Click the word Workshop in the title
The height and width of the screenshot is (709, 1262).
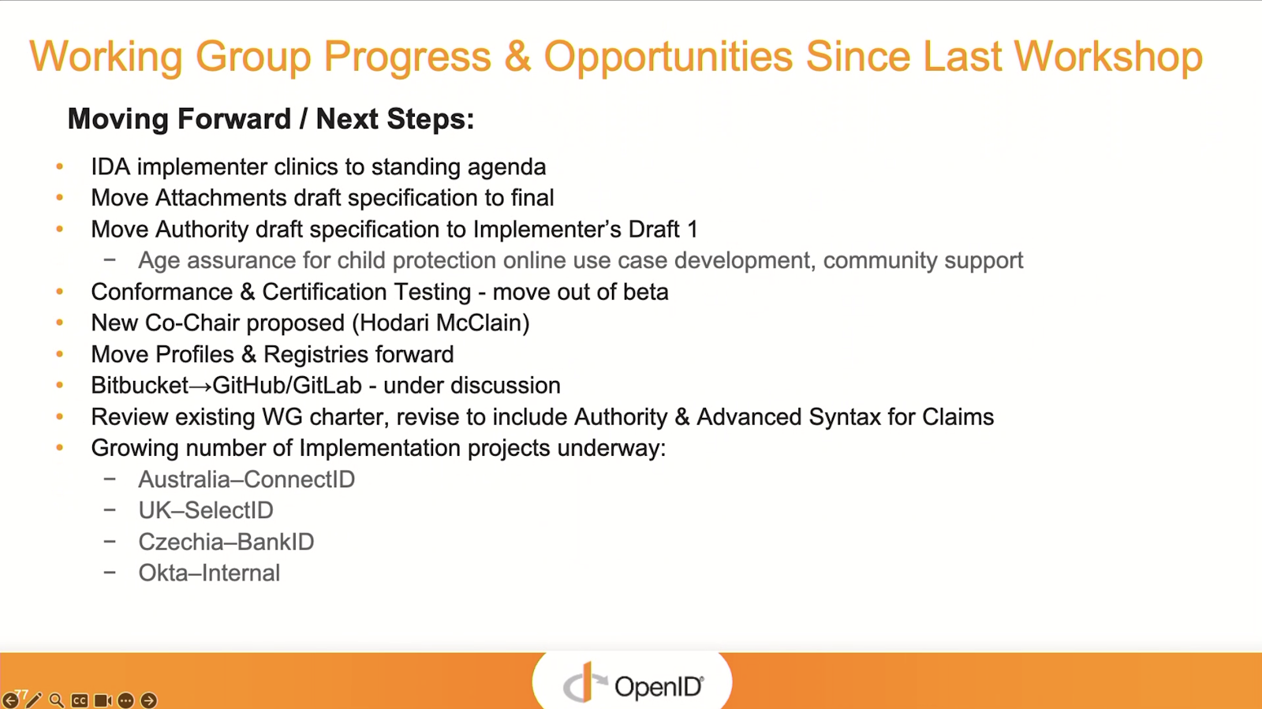pyautogui.click(x=1108, y=56)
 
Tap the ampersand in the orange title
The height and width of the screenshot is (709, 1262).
pyautogui.click(x=517, y=56)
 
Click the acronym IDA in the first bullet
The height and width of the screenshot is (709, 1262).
pyautogui.click(x=110, y=166)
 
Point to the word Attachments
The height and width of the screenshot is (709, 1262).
pyautogui.click(x=221, y=198)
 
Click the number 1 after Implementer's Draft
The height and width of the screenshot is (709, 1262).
pyautogui.click(x=693, y=229)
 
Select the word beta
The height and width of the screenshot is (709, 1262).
pyautogui.click(x=646, y=292)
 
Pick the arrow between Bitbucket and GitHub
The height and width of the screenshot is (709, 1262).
pyautogui.click(x=200, y=386)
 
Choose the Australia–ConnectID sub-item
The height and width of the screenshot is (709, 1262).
pyautogui.click(x=247, y=480)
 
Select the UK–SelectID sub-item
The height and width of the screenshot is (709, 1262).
pyautogui.click(x=206, y=511)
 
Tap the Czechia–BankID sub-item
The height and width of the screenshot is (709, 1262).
pyautogui.click(x=226, y=542)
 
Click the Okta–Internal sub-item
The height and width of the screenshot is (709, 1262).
pyautogui.click(x=210, y=573)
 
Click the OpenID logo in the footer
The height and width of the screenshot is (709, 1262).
pyautogui.click(x=633, y=684)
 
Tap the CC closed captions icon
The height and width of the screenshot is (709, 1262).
pyautogui.click(x=80, y=700)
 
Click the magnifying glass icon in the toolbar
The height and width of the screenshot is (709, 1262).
pyautogui.click(x=56, y=700)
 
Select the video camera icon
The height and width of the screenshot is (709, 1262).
pyautogui.click(x=103, y=700)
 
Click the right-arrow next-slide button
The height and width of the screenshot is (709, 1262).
pyautogui.click(x=149, y=700)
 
